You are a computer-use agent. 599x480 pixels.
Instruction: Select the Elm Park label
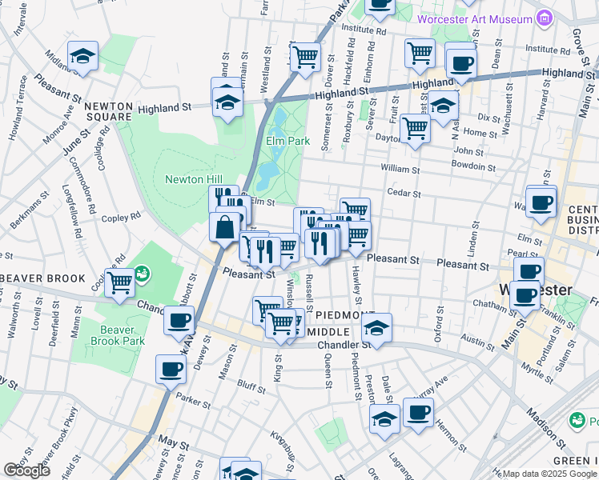(287, 141)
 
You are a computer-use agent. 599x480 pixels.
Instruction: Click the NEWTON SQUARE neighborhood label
(107, 111)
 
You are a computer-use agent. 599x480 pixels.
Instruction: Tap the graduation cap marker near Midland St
(82, 56)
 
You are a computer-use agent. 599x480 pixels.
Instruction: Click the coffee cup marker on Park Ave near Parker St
(171, 370)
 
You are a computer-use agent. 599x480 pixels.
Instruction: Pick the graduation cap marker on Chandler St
(376, 327)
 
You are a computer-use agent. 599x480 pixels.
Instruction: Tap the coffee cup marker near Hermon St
(417, 413)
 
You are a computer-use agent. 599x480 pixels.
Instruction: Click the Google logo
(26, 470)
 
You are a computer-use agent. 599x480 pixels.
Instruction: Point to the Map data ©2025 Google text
(549, 474)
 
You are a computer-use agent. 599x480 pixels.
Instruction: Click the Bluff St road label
(251, 386)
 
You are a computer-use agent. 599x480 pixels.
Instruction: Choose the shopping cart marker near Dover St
(305, 57)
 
